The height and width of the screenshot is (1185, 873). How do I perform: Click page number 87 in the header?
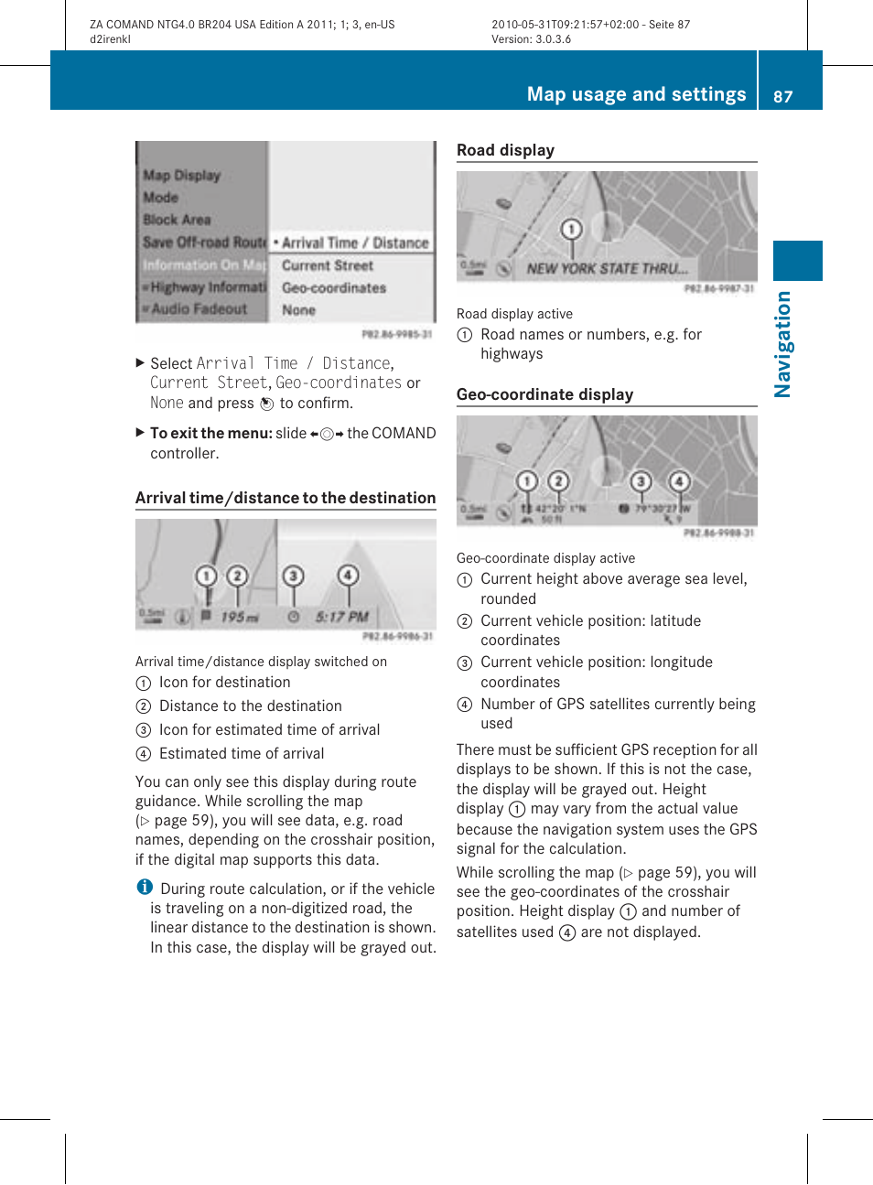click(x=782, y=96)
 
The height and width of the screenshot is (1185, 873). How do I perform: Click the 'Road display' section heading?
click(x=505, y=150)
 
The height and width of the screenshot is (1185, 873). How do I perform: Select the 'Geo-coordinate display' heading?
click(x=544, y=394)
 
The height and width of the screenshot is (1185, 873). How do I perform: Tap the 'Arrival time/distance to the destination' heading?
click(x=286, y=498)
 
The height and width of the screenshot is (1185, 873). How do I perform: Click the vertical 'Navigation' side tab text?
click(x=782, y=344)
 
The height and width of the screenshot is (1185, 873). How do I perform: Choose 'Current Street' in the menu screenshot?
click(x=327, y=265)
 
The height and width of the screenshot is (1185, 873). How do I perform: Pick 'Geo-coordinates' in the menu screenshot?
click(x=333, y=288)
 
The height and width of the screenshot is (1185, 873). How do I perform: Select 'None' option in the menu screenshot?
click(x=298, y=310)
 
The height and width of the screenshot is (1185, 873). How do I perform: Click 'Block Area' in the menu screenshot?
click(x=177, y=220)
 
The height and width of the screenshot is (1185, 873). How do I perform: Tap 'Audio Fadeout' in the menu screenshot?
click(x=199, y=309)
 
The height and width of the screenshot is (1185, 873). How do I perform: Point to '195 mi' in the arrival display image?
click(x=239, y=618)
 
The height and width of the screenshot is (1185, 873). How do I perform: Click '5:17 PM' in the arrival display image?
click(x=341, y=618)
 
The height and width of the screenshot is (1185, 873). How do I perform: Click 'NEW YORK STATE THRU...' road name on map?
click(x=607, y=269)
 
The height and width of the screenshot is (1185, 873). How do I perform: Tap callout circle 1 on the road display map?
click(x=571, y=229)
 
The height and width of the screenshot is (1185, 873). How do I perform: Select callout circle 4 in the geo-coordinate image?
click(x=679, y=481)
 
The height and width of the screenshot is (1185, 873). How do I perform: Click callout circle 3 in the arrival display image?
click(x=293, y=576)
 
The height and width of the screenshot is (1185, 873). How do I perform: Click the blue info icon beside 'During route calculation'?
click(x=145, y=887)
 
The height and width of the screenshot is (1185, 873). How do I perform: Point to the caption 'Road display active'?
click(x=514, y=314)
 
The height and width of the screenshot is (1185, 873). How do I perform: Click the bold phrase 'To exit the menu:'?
click(x=210, y=433)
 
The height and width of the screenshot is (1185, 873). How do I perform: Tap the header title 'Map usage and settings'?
click(x=636, y=94)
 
